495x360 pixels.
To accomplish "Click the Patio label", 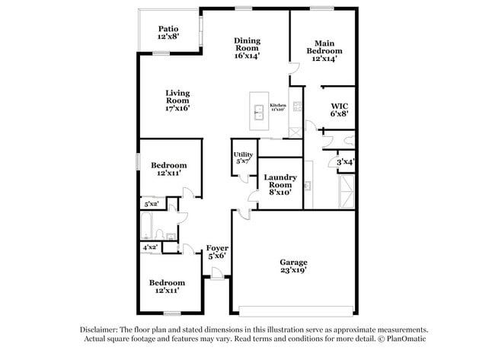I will pos(168,33).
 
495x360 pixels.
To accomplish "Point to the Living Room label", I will pos(177,100).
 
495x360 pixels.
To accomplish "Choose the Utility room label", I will pos(243,158).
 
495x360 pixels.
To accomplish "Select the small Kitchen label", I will pos(277,107).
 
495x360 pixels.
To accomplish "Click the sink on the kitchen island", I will pos(258,109).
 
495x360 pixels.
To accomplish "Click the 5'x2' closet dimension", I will pos(151,203).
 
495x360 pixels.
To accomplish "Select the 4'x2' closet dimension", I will pos(149,247).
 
